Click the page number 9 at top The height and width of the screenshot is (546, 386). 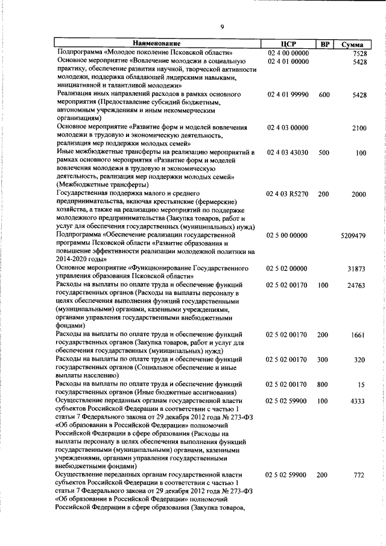[223, 27]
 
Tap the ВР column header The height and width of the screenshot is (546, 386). [324, 44]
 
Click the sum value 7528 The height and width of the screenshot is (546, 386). [359, 53]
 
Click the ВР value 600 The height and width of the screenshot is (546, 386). [324, 95]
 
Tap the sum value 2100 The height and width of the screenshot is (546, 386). [359, 129]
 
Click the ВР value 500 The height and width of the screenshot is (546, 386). [324, 153]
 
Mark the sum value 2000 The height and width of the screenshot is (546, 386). [359, 194]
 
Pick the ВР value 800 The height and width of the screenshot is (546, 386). [324, 384]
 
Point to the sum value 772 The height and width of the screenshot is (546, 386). [360, 475]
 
